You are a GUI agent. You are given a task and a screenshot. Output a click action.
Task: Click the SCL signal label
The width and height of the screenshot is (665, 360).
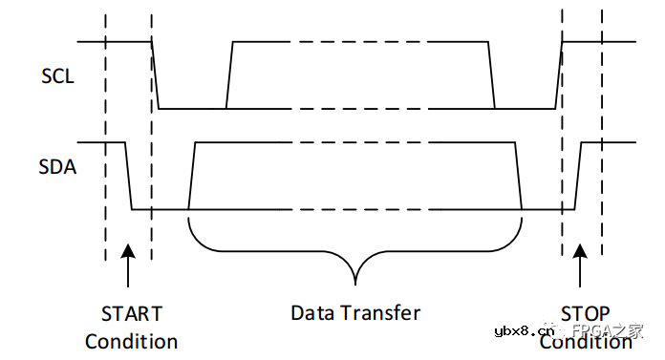[58, 76]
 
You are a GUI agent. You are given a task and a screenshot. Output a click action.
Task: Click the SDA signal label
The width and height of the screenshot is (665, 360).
[58, 168]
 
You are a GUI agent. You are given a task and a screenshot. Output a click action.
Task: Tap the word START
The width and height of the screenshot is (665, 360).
[131, 313]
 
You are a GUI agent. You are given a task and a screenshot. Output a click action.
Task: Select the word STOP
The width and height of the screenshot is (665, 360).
[585, 313]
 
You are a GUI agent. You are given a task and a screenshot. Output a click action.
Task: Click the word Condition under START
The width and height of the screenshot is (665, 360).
[131, 341]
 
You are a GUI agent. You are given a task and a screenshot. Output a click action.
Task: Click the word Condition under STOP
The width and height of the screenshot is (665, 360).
[585, 341]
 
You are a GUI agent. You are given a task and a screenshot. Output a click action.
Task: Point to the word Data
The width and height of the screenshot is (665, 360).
[313, 312]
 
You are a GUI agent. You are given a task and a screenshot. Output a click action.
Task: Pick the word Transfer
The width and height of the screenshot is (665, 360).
[380, 312]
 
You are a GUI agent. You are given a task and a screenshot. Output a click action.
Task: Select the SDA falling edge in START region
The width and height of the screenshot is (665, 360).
[129, 176]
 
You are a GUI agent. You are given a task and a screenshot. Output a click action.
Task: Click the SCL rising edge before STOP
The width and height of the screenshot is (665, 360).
[559, 74]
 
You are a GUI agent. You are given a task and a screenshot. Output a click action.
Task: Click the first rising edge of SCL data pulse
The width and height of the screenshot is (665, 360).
[229, 74]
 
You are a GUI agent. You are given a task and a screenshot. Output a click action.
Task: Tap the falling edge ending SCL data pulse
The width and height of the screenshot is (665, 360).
[491, 74]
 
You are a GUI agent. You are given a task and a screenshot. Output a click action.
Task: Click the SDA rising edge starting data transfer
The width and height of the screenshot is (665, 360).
[192, 176]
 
